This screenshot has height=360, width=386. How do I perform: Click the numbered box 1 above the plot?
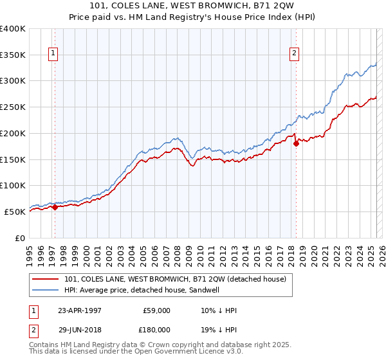(x=53, y=54)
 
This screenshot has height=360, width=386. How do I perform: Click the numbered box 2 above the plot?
(x=294, y=54)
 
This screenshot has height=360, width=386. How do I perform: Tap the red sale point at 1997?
(x=55, y=207)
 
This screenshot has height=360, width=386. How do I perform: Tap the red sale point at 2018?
(x=297, y=143)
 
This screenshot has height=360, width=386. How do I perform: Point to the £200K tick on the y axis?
(x=14, y=133)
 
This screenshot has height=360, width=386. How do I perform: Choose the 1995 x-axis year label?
(x=29, y=249)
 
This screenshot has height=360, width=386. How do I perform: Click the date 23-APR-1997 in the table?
(x=80, y=310)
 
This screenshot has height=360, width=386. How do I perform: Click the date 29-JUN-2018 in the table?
(x=80, y=329)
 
